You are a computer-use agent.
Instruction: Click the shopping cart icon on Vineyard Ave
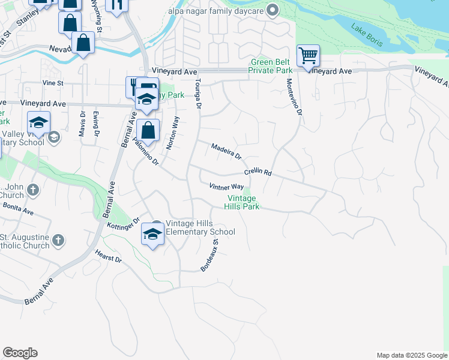[308, 56]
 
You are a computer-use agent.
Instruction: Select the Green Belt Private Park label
[271, 66]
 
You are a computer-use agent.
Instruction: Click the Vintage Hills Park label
[242, 202]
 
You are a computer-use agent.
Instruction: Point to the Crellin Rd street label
[258, 172]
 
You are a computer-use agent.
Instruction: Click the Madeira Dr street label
[226, 151]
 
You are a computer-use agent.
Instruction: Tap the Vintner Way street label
[226, 187]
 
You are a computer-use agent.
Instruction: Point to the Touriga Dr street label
[197, 93]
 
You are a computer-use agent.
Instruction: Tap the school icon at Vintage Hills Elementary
[153, 233]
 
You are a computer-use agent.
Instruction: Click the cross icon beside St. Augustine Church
[58, 241]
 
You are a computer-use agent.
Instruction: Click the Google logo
[20, 353]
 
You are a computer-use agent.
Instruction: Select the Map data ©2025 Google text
[411, 355]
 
